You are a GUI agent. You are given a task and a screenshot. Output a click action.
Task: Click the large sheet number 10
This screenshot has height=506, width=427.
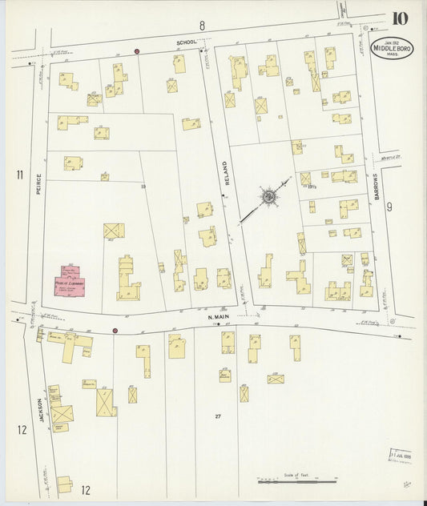[x=399, y=18]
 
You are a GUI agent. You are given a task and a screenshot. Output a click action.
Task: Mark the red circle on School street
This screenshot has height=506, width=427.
[x=137, y=51]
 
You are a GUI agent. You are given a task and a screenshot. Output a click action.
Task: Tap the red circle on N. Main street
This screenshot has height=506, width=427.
[x=115, y=330]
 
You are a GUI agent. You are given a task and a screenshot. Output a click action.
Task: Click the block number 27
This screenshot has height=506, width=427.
[x=218, y=416]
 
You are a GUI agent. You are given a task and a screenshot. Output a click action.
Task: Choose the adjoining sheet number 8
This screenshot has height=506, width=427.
[x=202, y=26]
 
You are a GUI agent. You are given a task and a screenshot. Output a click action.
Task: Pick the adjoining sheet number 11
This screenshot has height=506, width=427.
[x=18, y=174]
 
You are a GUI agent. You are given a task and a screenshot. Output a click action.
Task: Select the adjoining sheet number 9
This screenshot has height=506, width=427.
[x=389, y=207]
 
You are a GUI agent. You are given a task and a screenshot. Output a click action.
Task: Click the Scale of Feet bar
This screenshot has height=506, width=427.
[x=296, y=481]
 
